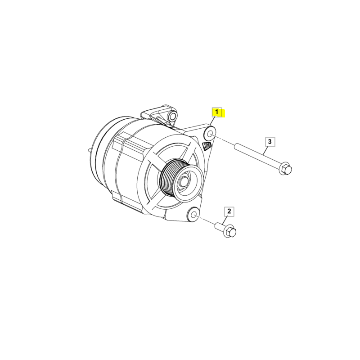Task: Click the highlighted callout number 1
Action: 217,112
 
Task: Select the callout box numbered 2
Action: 229,211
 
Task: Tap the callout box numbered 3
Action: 270,142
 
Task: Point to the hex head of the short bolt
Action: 230,231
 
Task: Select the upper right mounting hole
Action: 210,134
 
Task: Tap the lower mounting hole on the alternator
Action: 193,215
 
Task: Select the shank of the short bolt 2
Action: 219,226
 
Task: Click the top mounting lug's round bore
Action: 172,116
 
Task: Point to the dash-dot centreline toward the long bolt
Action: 224,140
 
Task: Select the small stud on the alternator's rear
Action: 90,150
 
